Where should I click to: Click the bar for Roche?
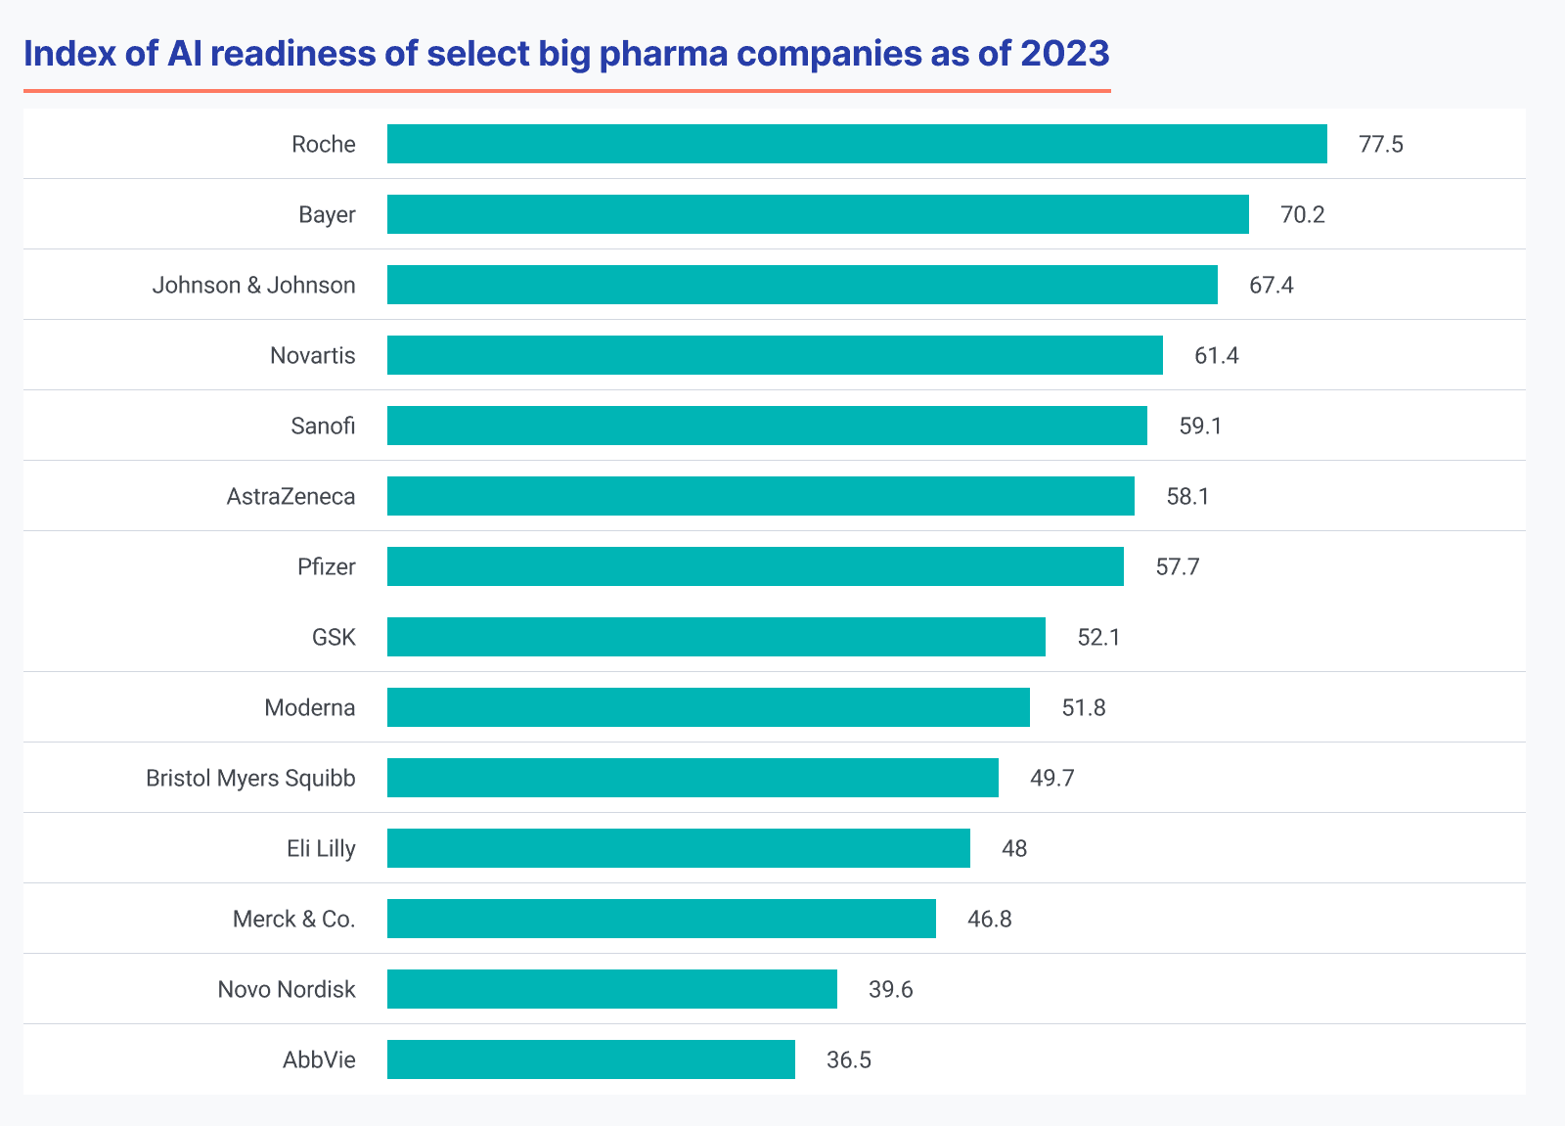[857, 144]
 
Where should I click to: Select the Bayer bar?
[818, 214]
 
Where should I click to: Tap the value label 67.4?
[1271, 286]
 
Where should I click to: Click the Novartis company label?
[312, 355]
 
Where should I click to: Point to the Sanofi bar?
[767, 426]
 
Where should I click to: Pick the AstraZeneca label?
[291, 496]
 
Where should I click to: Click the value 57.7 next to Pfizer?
[1177, 567]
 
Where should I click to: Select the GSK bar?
[716, 637]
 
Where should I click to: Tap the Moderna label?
[309, 707]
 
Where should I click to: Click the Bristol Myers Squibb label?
[250, 778]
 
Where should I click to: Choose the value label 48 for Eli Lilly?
[1014, 848]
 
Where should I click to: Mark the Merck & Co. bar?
[661, 919]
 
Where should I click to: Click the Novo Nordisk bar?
[612, 989]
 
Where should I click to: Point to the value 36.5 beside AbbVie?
[848, 1060]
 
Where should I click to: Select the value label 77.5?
[1380, 145]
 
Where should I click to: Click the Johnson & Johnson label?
[253, 285]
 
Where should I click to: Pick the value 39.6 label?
[890, 990]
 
